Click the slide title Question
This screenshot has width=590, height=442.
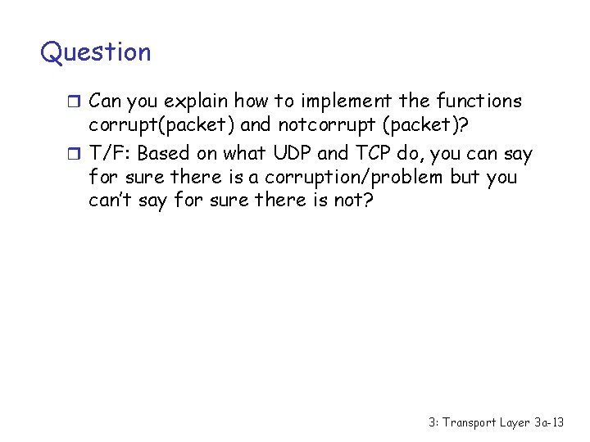[x=96, y=52]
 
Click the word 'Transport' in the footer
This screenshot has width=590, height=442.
[x=471, y=423]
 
